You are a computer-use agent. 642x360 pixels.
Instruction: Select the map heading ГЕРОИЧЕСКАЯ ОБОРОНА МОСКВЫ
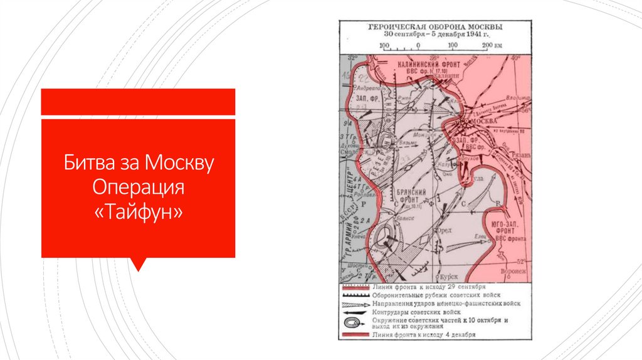click(x=433, y=28)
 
